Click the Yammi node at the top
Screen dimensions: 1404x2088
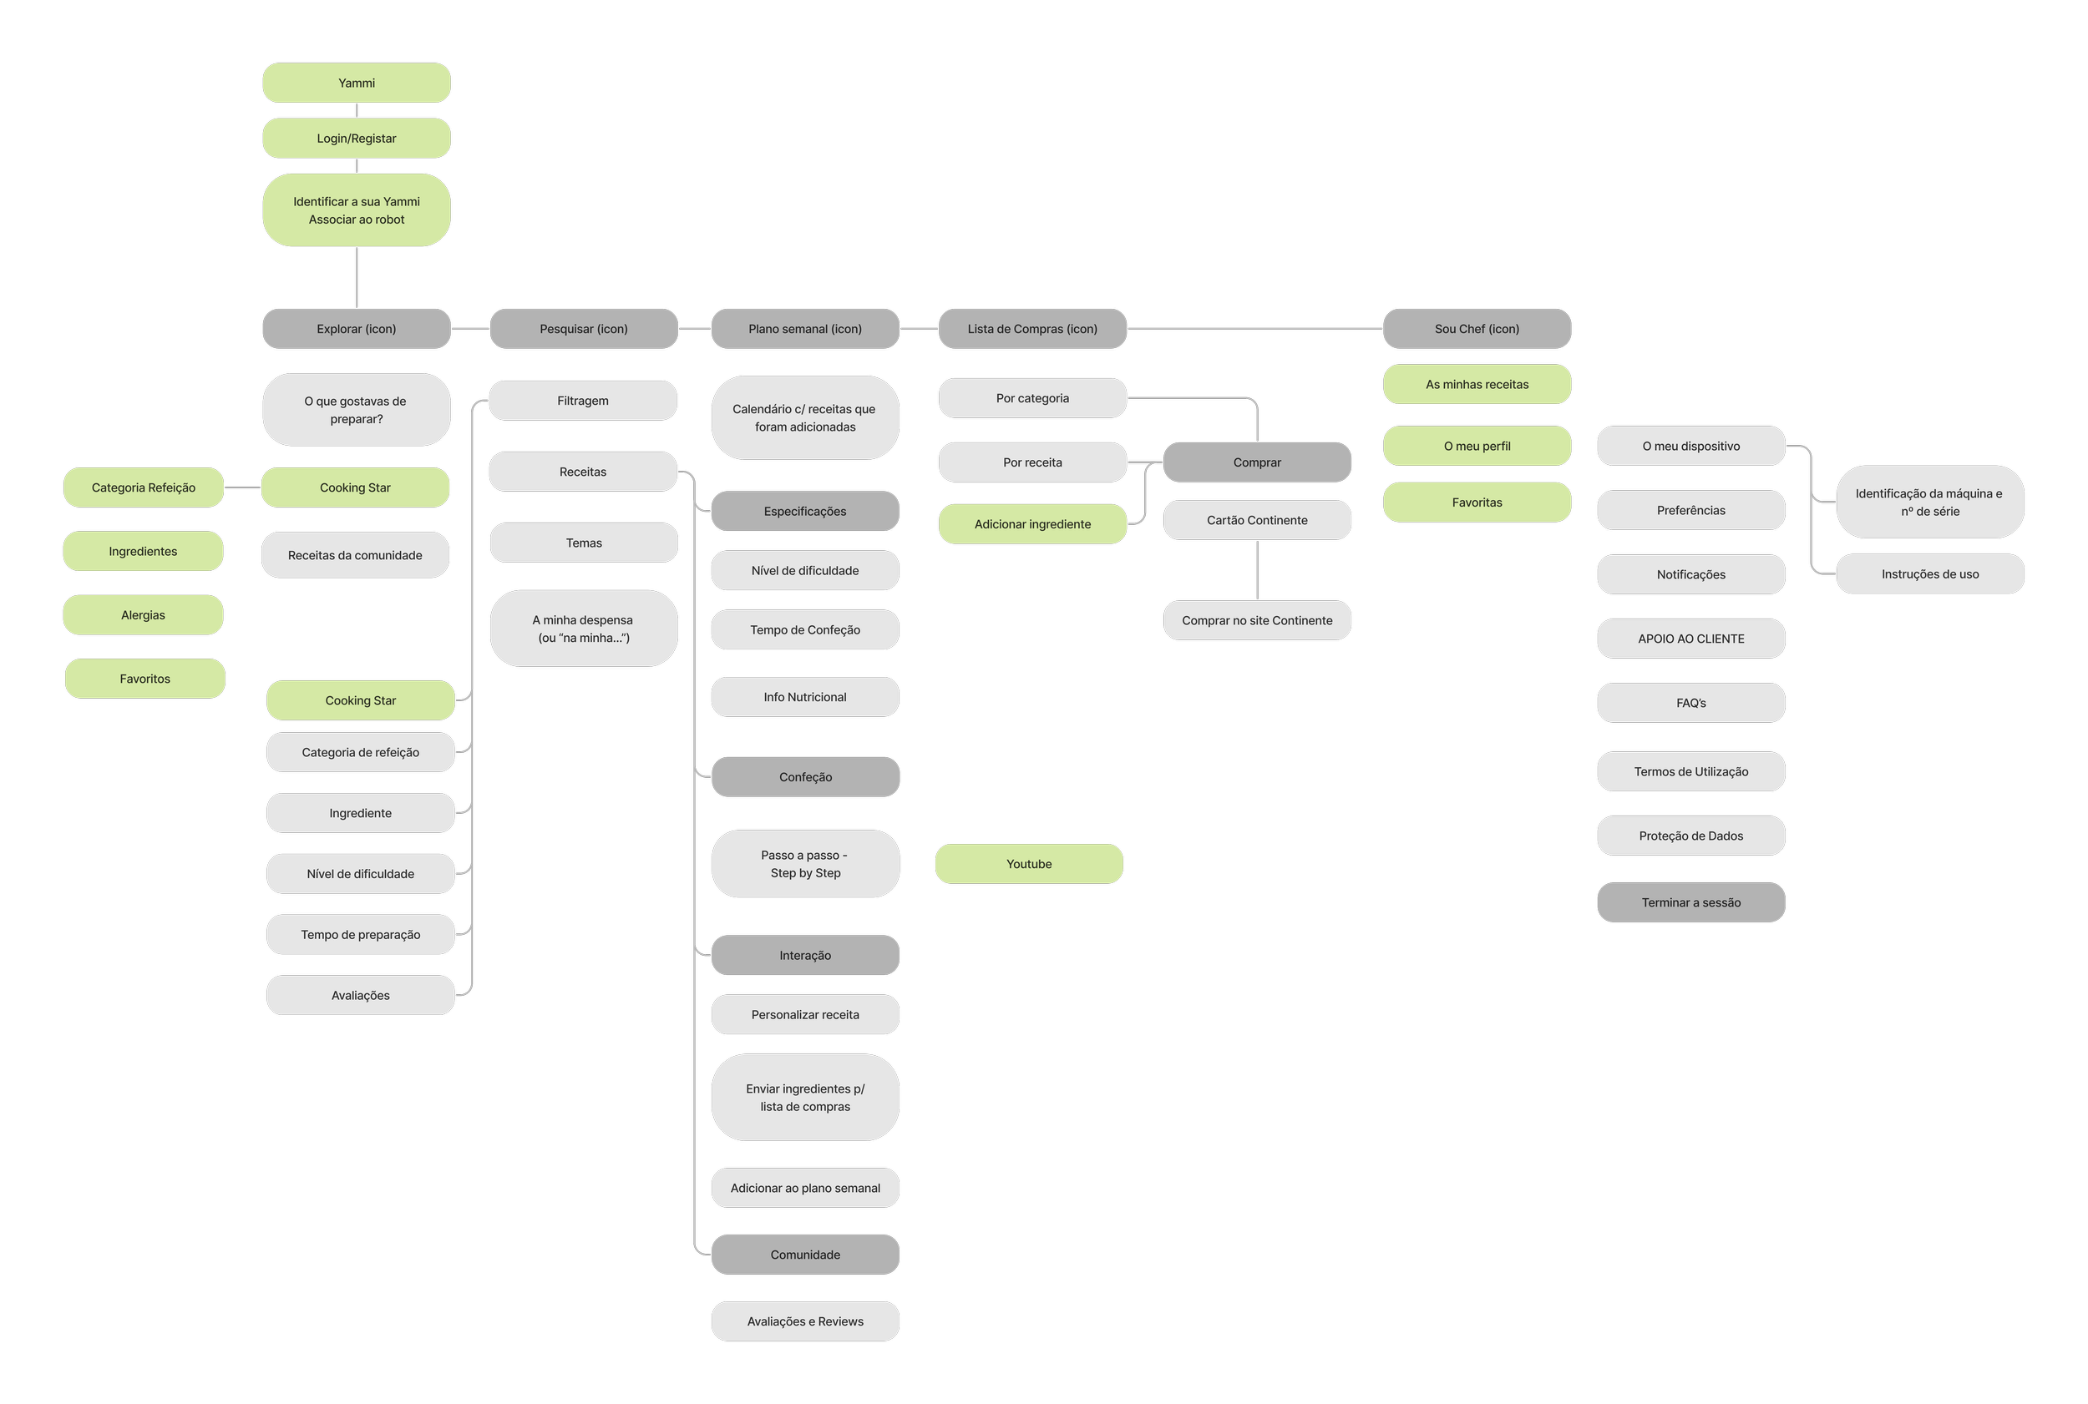[357, 83]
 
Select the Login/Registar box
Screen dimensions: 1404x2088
[357, 139]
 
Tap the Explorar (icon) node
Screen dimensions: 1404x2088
[357, 329]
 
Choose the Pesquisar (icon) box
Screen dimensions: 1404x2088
[583, 329]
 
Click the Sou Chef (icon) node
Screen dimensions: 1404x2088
[1476, 329]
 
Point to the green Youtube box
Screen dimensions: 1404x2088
[1028, 864]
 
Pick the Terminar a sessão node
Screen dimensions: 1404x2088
[1690, 902]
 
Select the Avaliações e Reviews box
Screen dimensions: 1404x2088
[804, 1321]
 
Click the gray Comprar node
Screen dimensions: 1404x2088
[1257, 462]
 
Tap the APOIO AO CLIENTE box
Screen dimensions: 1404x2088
[1690, 639]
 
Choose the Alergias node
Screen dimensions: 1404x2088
[144, 615]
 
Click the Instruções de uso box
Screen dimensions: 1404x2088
[1929, 574]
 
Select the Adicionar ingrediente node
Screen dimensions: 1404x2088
[1032, 524]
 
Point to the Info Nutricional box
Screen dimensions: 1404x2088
[804, 697]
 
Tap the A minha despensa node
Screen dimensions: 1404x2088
[583, 629]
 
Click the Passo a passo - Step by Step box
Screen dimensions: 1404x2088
[804, 864]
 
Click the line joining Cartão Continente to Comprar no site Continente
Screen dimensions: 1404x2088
[1257, 570]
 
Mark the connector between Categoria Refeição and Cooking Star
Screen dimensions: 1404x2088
[242, 487]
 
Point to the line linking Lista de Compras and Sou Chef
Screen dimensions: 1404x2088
[1254, 329]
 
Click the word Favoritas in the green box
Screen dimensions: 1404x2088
[1476, 503]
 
